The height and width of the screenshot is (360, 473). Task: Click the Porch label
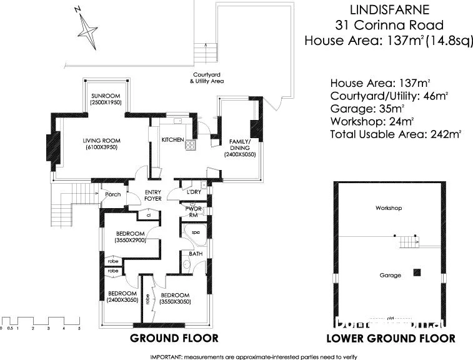(x=113, y=194)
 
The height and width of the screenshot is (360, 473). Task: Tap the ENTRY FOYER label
(x=153, y=195)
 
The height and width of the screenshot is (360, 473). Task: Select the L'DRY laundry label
(x=194, y=192)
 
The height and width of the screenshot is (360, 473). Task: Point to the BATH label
(x=195, y=254)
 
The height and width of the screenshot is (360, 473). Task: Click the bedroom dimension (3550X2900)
(x=130, y=240)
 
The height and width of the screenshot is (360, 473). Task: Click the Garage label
(x=390, y=275)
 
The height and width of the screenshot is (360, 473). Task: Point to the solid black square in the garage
(x=417, y=272)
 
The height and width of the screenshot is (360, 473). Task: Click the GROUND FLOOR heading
(x=174, y=339)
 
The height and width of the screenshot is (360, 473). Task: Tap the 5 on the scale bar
(x=79, y=327)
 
